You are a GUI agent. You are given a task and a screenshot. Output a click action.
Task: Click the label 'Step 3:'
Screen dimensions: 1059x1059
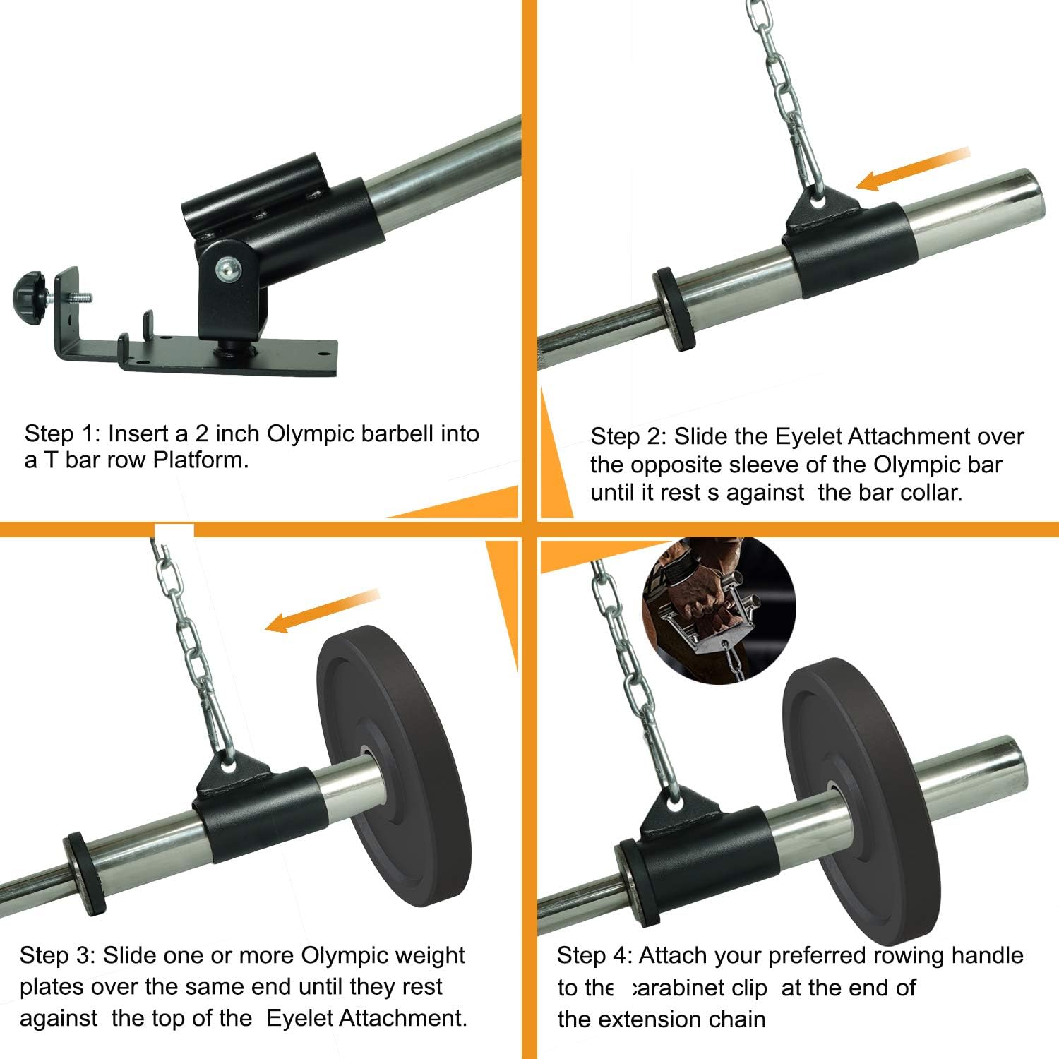click(x=56, y=955)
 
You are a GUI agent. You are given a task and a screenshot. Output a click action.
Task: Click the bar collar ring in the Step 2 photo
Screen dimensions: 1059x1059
click(x=672, y=308)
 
